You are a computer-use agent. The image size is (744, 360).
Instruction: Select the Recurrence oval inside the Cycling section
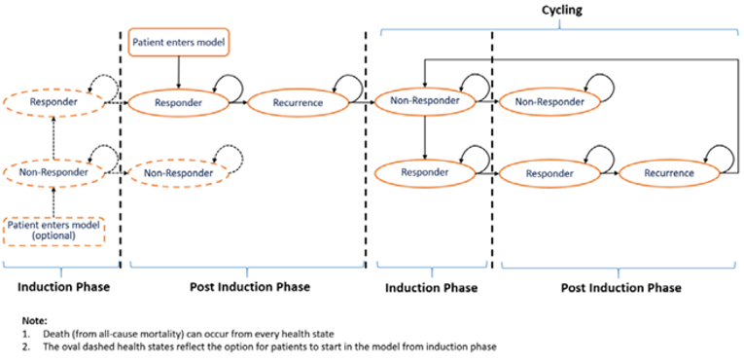click(667, 173)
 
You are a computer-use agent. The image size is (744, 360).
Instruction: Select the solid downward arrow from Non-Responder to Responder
click(425, 136)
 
